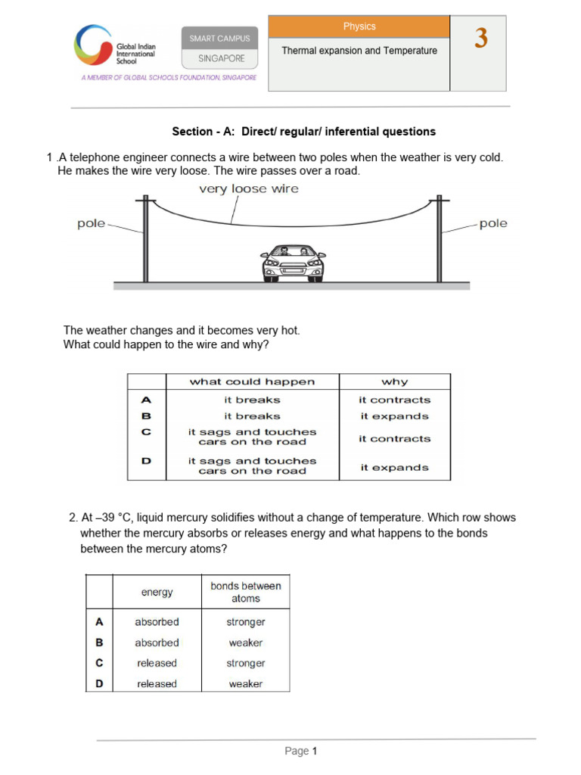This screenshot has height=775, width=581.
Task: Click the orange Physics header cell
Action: (359, 26)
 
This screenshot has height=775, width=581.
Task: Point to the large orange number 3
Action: (481, 39)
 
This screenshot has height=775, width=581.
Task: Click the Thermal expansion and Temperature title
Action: (359, 51)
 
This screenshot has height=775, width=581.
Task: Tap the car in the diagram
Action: (294, 262)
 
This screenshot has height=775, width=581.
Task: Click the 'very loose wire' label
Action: (249, 189)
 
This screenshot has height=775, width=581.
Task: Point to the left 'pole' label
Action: (91, 224)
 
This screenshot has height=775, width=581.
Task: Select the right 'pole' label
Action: (493, 224)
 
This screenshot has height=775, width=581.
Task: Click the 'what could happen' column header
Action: (252, 381)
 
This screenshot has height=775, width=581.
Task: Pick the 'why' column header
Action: (394, 381)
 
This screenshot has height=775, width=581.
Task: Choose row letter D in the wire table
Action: (147, 460)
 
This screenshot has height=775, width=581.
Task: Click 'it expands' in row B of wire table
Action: (394, 416)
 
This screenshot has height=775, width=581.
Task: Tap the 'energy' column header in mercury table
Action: (157, 592)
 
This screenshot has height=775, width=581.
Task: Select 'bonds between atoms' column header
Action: (245, 592)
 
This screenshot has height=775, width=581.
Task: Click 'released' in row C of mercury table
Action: (157, 663)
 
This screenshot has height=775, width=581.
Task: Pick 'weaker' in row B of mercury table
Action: (245, 643)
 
